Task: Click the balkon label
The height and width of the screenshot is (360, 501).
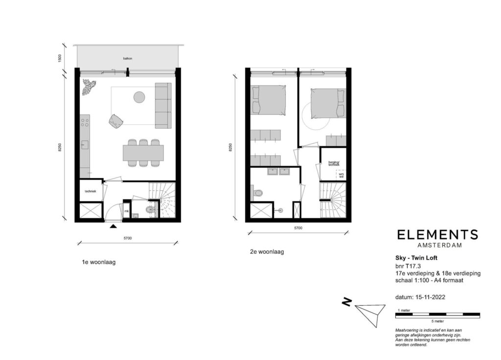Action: point(128,58)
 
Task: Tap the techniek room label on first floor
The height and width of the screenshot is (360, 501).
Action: point(90,192)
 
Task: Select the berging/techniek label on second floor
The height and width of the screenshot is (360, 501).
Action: point(333,164)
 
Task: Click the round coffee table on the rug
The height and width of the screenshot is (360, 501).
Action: point(139,97)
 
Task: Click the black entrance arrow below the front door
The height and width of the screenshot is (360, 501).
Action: point(114,225)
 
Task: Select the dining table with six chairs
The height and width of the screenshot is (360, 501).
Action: point(143,153)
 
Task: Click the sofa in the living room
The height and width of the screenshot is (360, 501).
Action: point(163,105)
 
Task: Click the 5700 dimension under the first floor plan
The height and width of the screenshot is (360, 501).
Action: point(128,238)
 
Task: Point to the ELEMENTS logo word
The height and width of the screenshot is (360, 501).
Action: point(437,235)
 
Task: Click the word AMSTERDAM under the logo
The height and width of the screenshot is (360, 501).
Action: point(437,245)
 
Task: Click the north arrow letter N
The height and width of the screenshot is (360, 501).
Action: point(346,303)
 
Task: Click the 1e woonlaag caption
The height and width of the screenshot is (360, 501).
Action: point(99,262)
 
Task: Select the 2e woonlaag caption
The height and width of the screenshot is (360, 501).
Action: point(267,252)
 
